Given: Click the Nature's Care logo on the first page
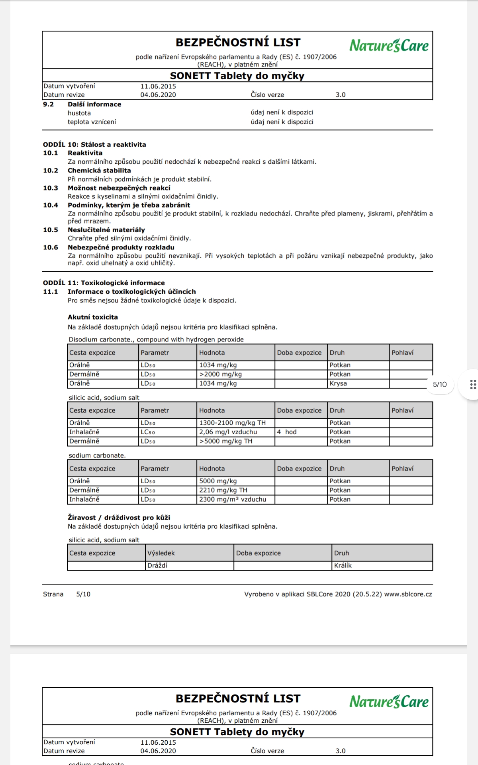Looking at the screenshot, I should click(x=389, y=45).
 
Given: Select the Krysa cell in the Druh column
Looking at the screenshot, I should click(x=338, y=383).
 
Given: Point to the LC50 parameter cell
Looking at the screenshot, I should click(x=148, y=432).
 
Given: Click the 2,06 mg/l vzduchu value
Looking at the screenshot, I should click(x=228, y=432).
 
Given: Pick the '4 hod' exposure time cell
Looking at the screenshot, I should click(x=287, y=432).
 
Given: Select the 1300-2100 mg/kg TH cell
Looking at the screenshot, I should click(x=232, y=423).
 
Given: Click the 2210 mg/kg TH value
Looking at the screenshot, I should click(x=223, y=490).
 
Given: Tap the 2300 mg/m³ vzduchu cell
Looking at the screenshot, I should click(x=233, y=499).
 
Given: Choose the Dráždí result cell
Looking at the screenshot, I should click(x=157, y=565).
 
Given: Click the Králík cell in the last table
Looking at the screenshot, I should click(x=343, y=565).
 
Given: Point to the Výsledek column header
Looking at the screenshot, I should click(x=161, y=553).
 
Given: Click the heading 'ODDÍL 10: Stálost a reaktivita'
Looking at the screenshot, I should click(x=94, y=145).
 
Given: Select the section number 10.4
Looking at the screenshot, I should click(x=51, y=205).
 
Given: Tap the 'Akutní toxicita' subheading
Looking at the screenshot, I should click(x=93, y=317).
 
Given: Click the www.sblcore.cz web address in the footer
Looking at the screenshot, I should click(x=408, y=594).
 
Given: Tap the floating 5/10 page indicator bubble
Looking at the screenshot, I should click(x=440, y=384).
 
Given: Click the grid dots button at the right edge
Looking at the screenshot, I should click(x=473, y=384).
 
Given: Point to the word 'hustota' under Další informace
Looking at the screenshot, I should click(x=79, y=113).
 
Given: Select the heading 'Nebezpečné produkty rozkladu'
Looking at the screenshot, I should click(x=121, y=247).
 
